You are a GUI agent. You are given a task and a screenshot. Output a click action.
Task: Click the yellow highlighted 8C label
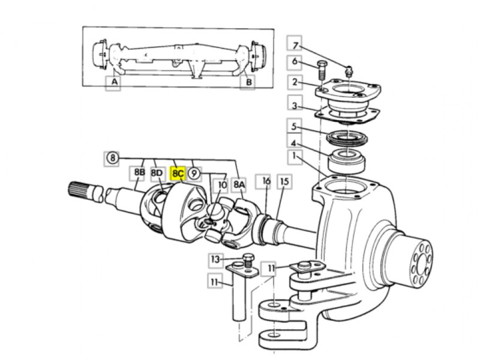point(178,173)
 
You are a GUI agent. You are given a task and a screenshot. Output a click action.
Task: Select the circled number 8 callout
point(113,158)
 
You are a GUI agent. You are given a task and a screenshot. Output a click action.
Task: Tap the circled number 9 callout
point(193,173)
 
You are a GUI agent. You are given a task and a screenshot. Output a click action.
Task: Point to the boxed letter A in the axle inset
point(113,83)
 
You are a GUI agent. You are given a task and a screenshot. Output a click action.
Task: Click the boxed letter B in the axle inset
point(247,82)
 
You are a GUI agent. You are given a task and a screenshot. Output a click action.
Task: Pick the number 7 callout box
point(295,46)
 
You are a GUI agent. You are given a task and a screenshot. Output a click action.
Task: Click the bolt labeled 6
point(321,70)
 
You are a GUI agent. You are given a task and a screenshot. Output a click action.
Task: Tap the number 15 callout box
point(284,182)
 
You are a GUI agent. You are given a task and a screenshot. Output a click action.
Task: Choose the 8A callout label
point(239,185)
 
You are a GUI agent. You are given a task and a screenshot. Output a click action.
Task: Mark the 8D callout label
point(157,173)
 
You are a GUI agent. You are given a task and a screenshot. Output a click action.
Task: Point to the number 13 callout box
point(216,260)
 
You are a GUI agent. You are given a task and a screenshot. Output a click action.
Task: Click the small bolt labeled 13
point(248,260)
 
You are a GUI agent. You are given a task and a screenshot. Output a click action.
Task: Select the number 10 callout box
point(221,185)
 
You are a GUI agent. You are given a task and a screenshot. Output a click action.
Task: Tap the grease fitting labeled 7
point(348,71)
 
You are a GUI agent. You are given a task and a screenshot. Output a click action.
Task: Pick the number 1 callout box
point(294,157)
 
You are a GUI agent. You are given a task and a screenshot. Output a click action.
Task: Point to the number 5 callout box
point(294,126)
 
